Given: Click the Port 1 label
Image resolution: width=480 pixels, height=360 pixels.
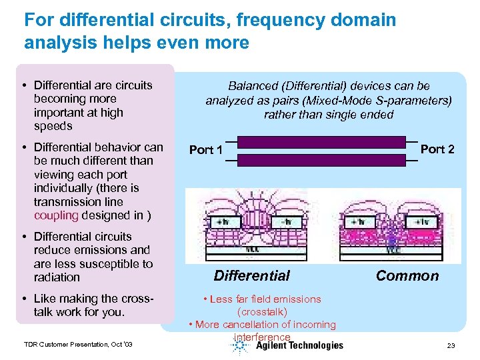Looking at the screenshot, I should click(206, 150).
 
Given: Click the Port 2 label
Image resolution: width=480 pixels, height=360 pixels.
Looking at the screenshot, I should click(437, 149).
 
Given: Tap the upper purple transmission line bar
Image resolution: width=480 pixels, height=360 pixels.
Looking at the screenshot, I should click(321, 142).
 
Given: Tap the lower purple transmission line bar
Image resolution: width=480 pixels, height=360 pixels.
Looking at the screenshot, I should click(321, 160).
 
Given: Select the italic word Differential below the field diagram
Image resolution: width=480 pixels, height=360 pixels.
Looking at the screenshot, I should click(251, 276).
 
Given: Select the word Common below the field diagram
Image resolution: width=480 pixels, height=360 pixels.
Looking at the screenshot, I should click(407, 276).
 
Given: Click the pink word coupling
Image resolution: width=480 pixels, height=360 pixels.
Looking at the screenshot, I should click(56, 215).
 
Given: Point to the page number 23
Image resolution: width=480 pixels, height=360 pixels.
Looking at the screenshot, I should click(451, 345).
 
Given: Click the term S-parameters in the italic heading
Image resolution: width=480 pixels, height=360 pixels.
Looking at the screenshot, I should click(416, 101).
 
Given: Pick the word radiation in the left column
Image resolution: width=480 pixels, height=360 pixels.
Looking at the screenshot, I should click(57, 277).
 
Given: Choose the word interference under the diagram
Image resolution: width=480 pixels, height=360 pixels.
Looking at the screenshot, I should click(262, 337).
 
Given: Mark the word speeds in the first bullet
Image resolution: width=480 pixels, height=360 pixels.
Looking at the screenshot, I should click(53, 126).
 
